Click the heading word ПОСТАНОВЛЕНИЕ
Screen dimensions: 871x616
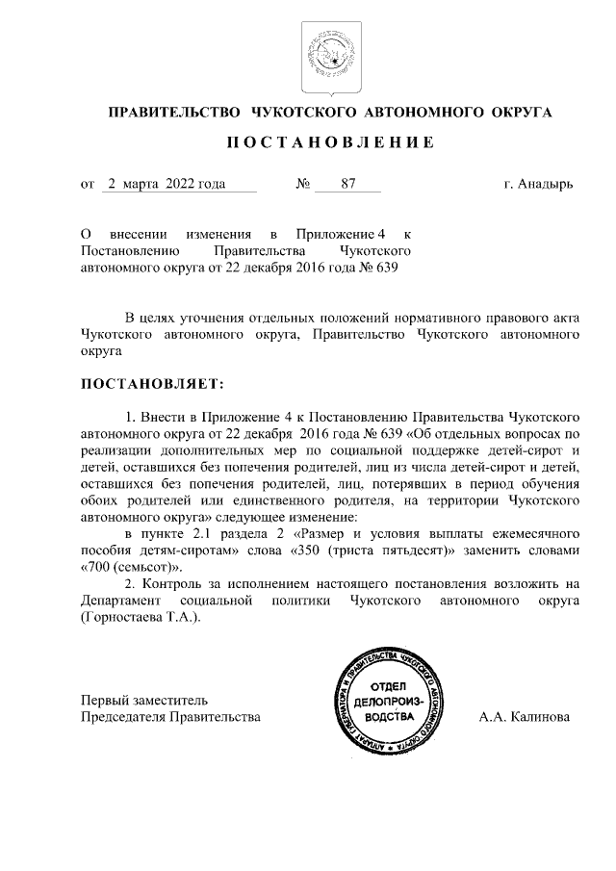(330, 143)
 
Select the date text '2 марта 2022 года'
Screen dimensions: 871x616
(167, 184)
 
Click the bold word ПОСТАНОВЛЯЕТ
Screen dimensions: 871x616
(151, 384)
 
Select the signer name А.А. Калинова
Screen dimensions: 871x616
(524, 717)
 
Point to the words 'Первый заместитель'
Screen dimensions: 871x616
(143, 700)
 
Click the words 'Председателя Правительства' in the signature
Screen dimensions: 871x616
(169, 717)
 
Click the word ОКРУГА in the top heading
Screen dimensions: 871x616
(519, 113)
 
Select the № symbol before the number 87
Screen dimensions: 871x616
(300, 184)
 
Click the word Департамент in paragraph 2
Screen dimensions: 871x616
(117, 601)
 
